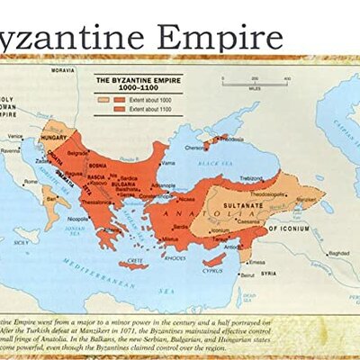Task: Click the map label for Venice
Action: click(x=14, y=136)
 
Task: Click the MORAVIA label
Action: click(x=62, y=69)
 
